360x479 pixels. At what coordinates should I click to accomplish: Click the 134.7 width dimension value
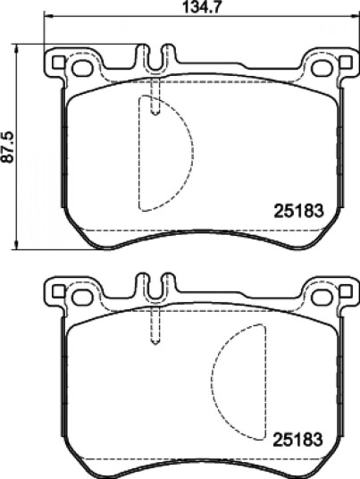201,7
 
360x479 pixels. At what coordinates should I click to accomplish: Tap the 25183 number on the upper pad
298,211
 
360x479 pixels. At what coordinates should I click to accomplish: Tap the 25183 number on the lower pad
298,440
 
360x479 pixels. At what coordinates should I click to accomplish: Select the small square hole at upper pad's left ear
58,62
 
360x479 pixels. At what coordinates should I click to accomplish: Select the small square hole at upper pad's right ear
346,62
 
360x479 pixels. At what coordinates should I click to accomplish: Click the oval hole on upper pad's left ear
82,68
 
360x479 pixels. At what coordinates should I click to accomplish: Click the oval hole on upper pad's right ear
322,68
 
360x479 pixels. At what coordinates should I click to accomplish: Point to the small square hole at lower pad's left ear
58,291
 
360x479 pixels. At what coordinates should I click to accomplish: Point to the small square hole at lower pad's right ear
346,291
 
